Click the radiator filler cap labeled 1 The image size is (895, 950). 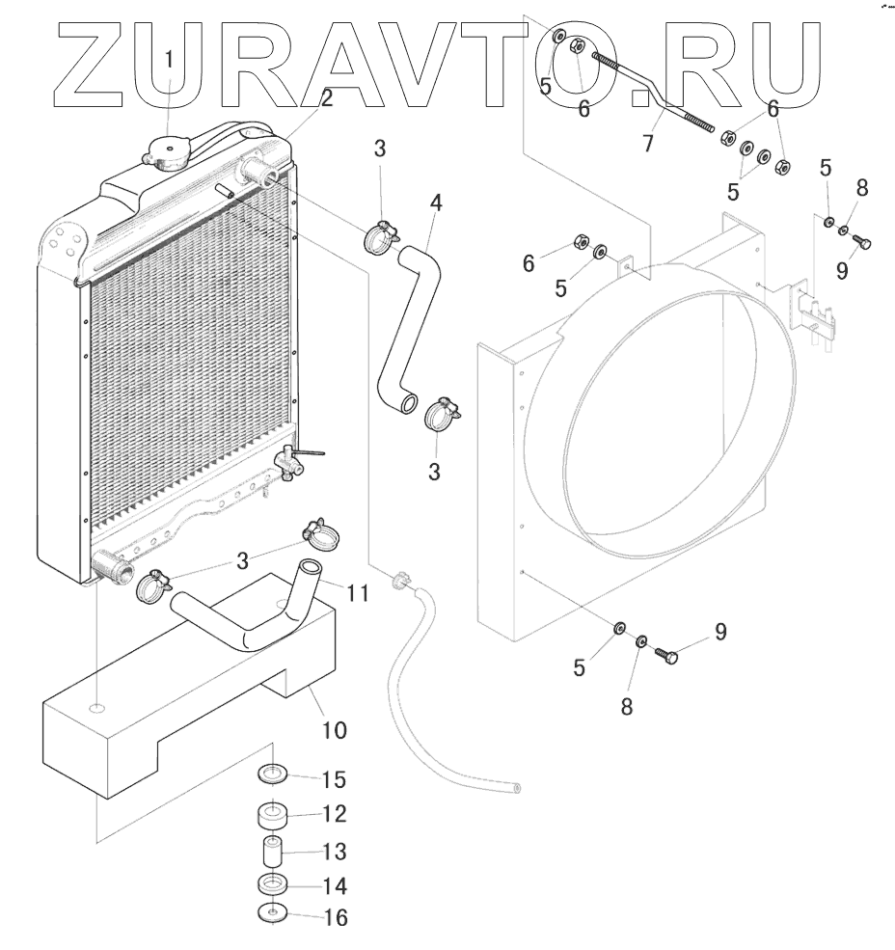pyautogui.click(x=167, y=150)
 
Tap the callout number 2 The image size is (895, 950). pyautogui.click(x=328, y=98)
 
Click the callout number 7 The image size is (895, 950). pyautogui.click(x=648, y=145)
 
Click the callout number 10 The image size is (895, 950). pyautogui.click(x=333, y=729)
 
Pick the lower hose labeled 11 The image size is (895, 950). pyautogui.click(x=251, y=617)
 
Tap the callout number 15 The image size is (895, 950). pyautogui.click(x=333, y=778)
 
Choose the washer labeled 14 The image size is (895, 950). pyautogui.click(x=273, y=884)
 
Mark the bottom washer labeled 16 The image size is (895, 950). pyautogui.click(x=273, y=913)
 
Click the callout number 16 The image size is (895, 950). pyautogui.click(x=333, y=917)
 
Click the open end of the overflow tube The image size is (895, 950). pyautogui.click(x=517, y=788)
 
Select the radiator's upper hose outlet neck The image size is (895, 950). pyautogui.click(x=259, y=175)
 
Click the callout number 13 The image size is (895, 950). pyautogui.click(x=333, y=853)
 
